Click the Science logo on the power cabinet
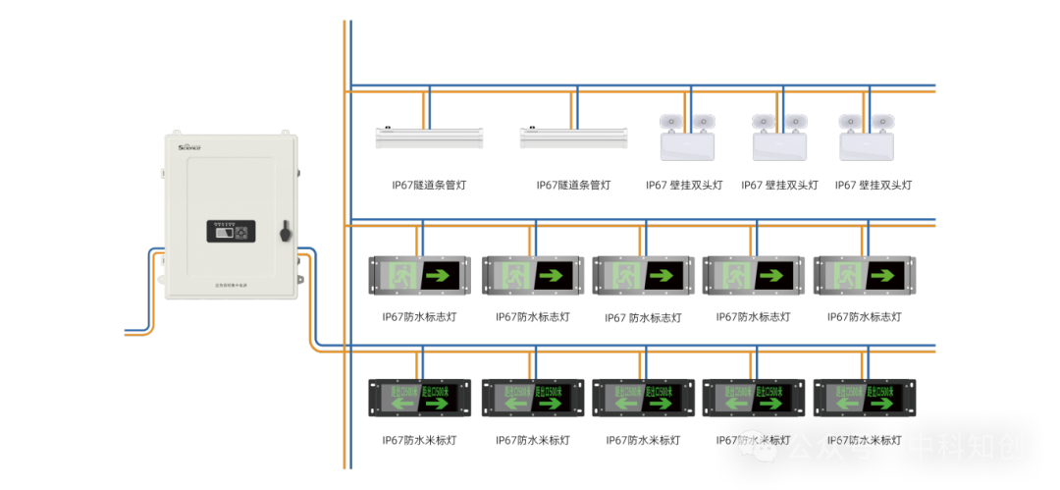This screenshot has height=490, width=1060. (189, 146)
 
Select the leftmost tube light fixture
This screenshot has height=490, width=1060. (429, 137)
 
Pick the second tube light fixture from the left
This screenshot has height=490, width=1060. (573, 137)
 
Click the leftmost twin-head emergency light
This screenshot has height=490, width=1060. (687, 136)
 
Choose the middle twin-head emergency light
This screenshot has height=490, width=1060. (779, 136)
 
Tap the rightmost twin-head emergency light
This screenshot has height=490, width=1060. (867, 136)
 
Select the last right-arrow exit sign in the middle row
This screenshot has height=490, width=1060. (864, 275)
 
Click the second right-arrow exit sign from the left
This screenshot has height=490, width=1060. (531, 275)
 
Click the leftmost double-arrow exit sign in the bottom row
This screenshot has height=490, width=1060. (419, 397)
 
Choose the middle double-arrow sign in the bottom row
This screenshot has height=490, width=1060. (643, 397)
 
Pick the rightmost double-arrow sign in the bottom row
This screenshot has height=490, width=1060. (864, 397)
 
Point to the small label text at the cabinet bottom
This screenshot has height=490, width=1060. (231, 285)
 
